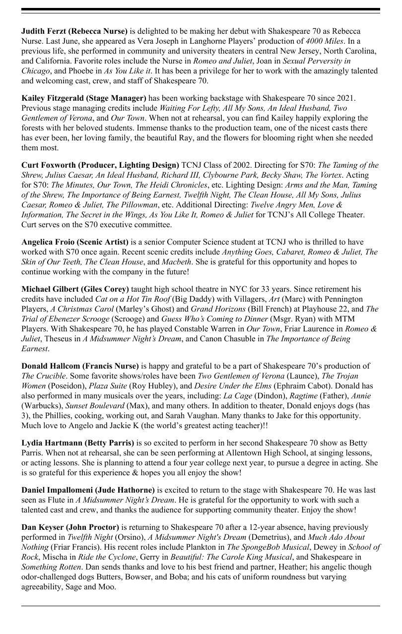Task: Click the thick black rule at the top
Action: [x=201, y=9]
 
